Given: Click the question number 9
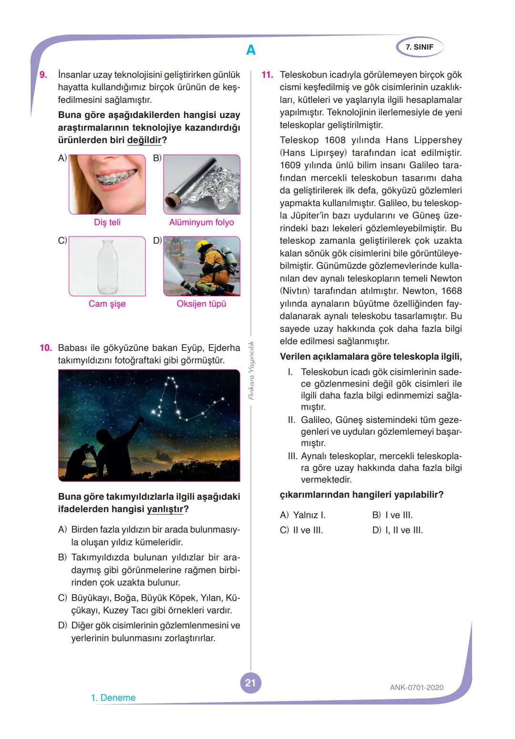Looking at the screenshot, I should (x=43, y=75).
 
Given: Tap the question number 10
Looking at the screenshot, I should (x=45, y=348).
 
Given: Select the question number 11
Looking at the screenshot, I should (x=267, y=75).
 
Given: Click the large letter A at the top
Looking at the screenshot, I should (x=251, y=50).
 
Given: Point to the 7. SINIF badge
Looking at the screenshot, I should (x=420, y=47).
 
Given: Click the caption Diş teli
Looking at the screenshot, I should (x=107, y=222).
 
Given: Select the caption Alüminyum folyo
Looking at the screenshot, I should (x=201, y=222).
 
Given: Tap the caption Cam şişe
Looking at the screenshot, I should (x=107, y=304).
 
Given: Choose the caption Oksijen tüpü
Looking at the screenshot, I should (x=201, y=304).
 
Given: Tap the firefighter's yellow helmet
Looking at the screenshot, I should (x=205, y=247).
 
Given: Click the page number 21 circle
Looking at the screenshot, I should (x=250, y=683).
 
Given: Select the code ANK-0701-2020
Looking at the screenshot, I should (x=416, y=688).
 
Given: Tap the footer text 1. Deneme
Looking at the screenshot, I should (x=113, y=698).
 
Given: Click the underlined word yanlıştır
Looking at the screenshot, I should (x=165, y=509).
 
